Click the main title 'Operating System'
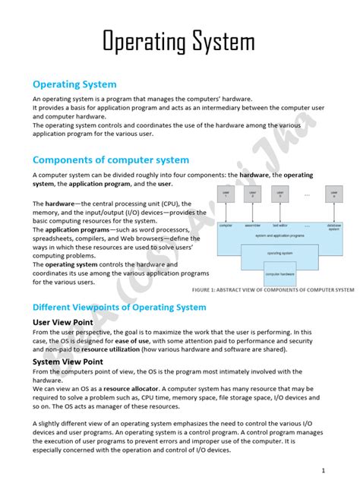(x=179, y=41)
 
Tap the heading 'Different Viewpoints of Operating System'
(x=119, y=307)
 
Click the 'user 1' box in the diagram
(x=226, y=194)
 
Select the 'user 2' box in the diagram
(x=253, y=194)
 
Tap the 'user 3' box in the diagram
(x=280, y=194)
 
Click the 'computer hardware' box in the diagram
(x=280, y=273)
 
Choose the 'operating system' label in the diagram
(x=280, y=252)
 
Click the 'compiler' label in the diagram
(x=226, y=226)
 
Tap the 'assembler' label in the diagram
(x=253, y=226)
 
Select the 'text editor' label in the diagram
(x=280, y=226)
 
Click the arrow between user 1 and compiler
(x=226, y=212)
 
